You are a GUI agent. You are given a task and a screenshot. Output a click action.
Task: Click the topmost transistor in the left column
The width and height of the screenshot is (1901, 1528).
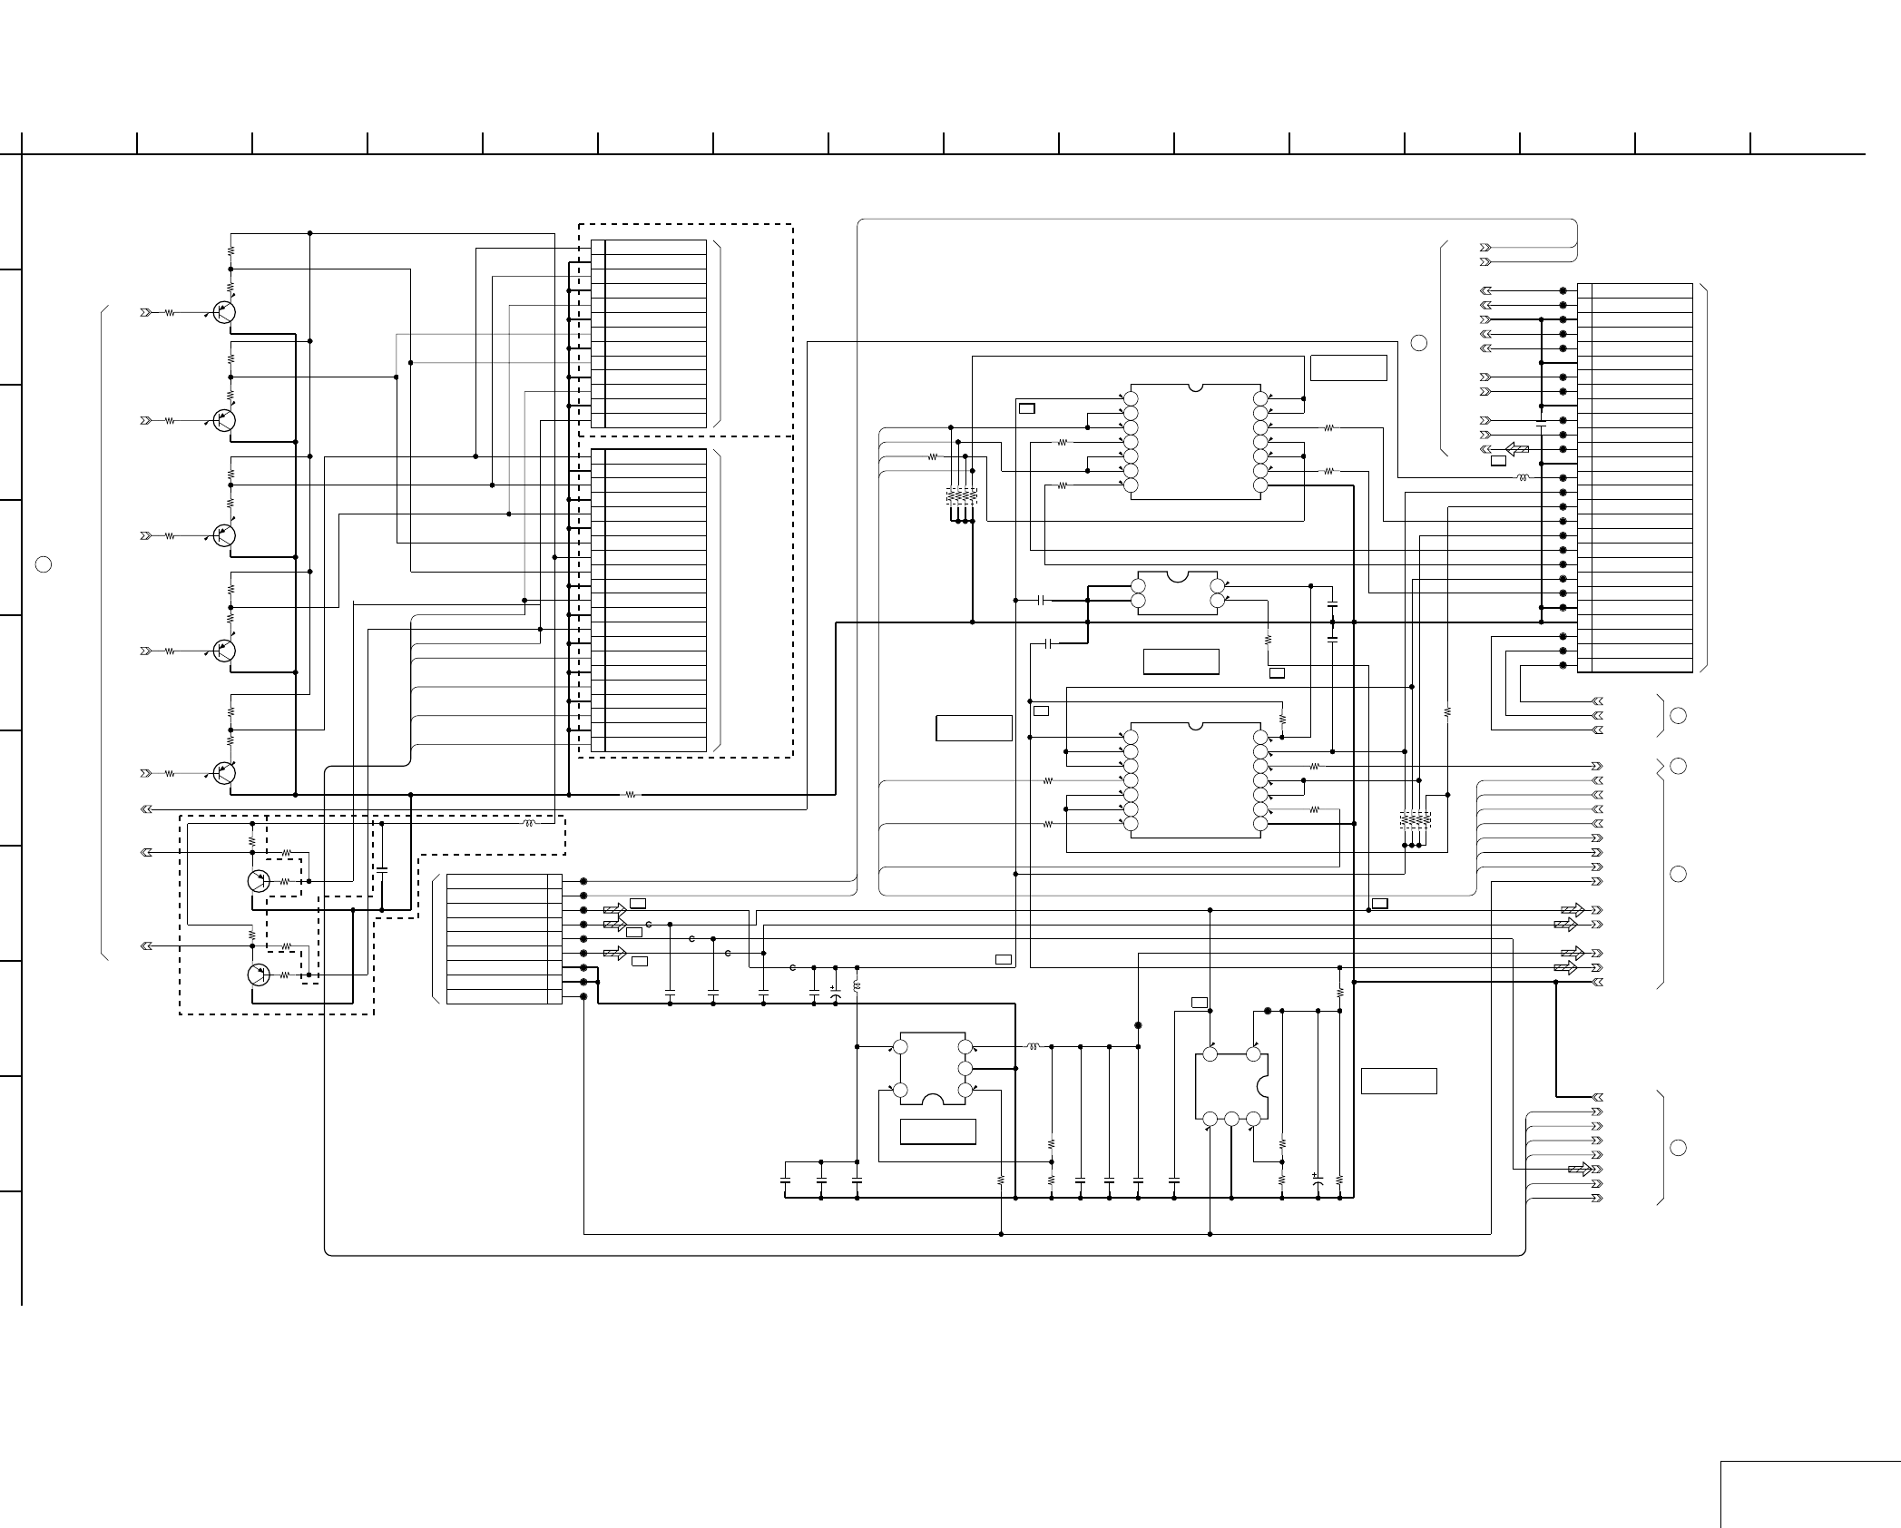[224, 312]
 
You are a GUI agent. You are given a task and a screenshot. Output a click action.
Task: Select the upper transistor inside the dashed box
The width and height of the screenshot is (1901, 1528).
[259, 881]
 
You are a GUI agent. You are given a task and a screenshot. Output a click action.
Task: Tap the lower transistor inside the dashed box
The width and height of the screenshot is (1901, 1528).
[259, 975]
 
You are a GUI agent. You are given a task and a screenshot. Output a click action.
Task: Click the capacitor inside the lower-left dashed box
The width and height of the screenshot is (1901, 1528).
[382, 869]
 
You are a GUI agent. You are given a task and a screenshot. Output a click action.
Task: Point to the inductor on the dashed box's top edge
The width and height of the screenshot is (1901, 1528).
[529, 824]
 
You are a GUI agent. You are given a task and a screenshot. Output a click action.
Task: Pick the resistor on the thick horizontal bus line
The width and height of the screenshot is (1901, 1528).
[632, 795]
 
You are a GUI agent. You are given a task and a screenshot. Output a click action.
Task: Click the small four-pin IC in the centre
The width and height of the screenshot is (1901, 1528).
[1178, 593]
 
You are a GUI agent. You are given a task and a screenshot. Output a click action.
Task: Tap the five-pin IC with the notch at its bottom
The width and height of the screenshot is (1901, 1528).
[932, 1069]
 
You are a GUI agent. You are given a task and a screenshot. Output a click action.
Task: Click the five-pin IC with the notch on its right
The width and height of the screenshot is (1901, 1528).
[1230, 1086]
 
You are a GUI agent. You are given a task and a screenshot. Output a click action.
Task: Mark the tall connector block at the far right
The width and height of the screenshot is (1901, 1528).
[1635, 477]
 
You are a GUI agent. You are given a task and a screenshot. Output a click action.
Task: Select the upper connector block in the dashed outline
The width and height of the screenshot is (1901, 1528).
[649, 333]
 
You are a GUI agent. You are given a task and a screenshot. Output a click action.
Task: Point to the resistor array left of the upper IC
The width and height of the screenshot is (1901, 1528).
[962, 496]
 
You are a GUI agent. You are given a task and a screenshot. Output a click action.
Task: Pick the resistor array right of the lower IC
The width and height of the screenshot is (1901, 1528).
[1416, 820]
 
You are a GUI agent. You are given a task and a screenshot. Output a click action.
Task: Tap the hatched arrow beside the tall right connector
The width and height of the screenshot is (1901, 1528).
[1516, 449]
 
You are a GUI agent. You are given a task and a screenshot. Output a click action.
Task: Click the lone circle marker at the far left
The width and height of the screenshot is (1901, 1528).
[43, 564]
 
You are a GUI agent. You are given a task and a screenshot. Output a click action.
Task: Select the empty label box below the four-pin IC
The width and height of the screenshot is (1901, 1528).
[1181, 661]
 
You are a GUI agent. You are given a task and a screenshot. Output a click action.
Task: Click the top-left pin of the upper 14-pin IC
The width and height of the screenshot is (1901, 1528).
[1131, 398]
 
